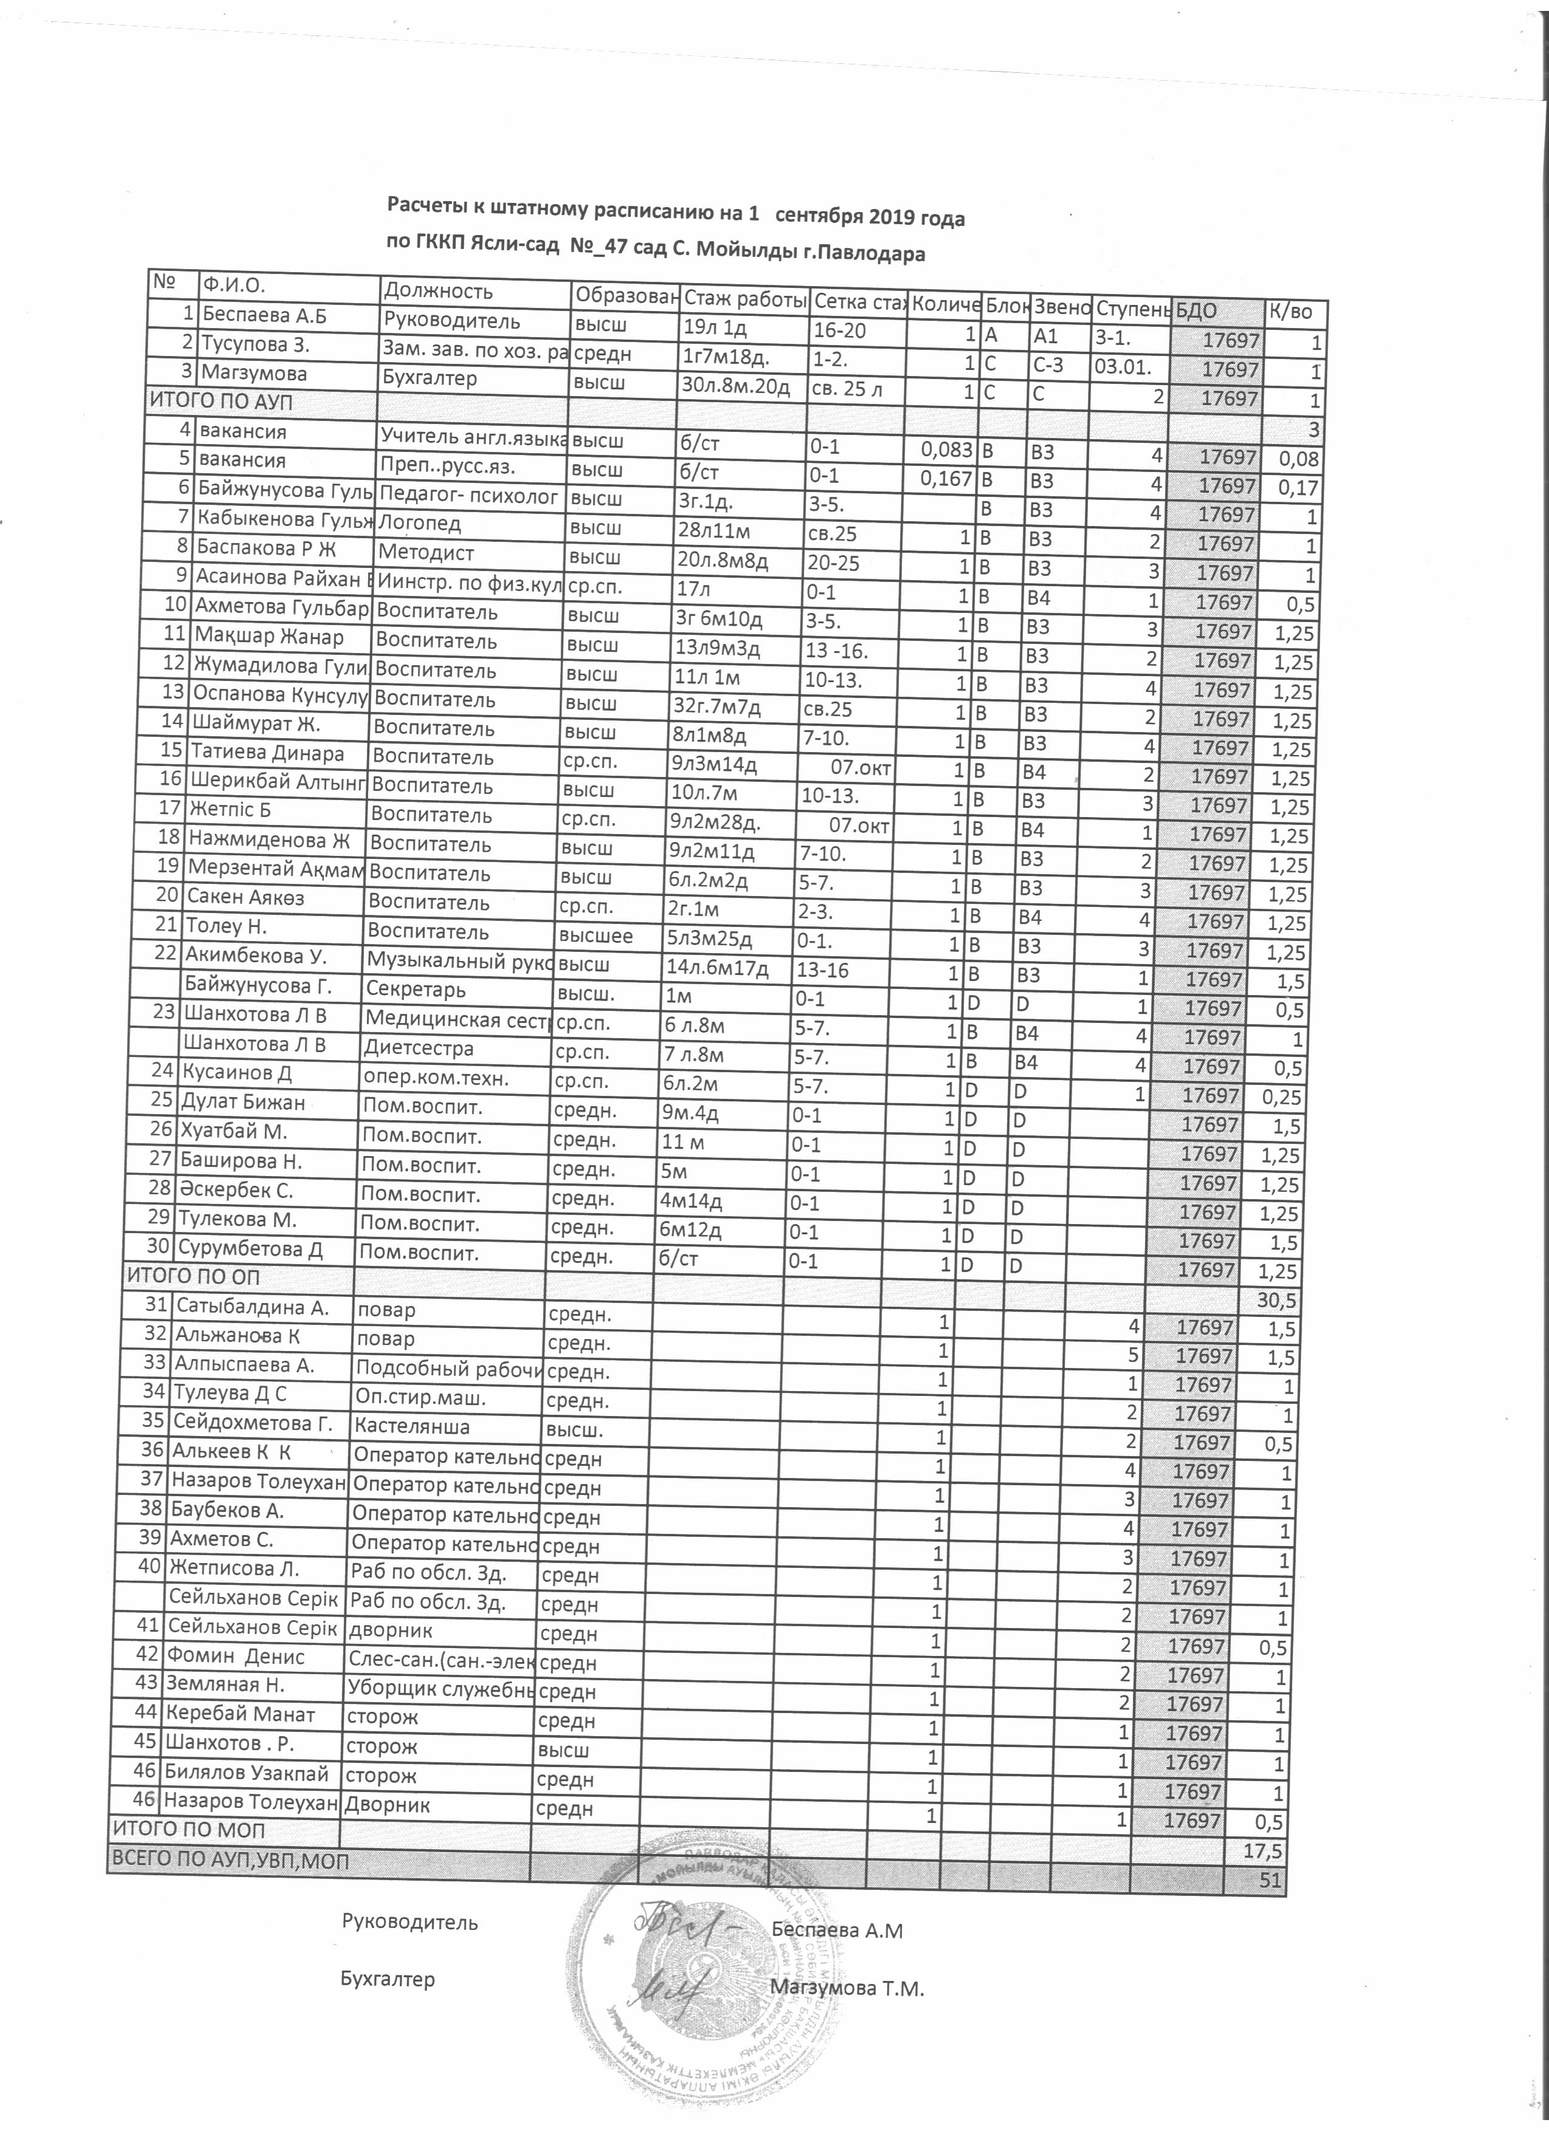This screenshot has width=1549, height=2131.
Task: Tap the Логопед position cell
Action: click(421, 524)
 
